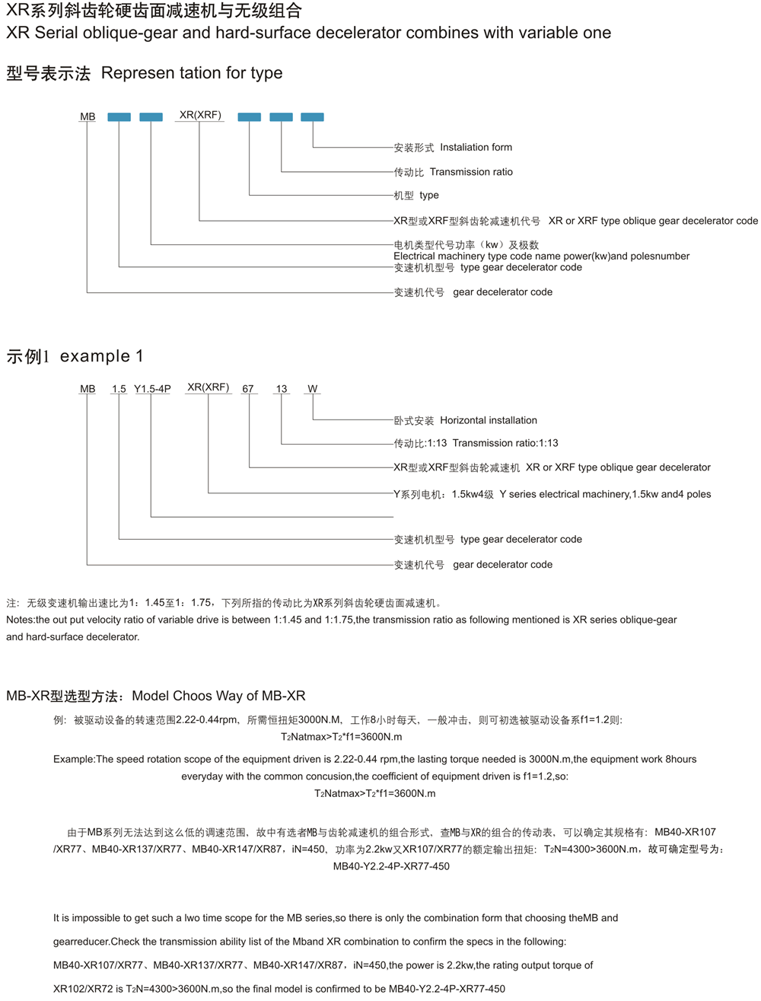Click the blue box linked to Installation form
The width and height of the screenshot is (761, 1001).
pyautogui.click(x=312, y=116)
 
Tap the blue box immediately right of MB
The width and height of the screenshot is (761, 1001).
pyautogui.click(x=119, y=116)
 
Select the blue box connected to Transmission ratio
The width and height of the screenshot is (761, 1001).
pyautogui.click(x=281, y=116)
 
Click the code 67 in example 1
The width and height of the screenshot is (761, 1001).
pyautogui.click(x=248, y=388)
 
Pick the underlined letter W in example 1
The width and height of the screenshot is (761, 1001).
pyautogui.click(x=312, y=388)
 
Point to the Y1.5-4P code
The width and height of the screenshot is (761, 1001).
pyautogui.click(x=152, y=388)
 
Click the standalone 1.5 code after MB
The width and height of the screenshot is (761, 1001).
pyautogui.click(x=119, y=388)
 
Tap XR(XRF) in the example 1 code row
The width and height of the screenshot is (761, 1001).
pyautogui.click(x=208, y=387)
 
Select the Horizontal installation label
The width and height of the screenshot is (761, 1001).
pyautogui.click(x=489, y=420)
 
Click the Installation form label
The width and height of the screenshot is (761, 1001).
pyautogui.click(x=476, y=147)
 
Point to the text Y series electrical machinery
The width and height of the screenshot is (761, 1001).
pyautogui.click(x=565, y=494)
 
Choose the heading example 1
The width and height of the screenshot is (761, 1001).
pyautogui.click(x=101, y=355)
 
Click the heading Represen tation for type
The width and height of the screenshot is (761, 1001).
pyautogui.click(x=192, y=73)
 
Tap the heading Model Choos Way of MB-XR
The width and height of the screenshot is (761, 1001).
pyautogui.click(x=218, y=695)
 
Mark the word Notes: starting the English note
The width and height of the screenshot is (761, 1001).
pyautogui.click(x=21, y=620)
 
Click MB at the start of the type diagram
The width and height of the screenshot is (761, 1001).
pyautogui.click(x=88, y=116)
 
